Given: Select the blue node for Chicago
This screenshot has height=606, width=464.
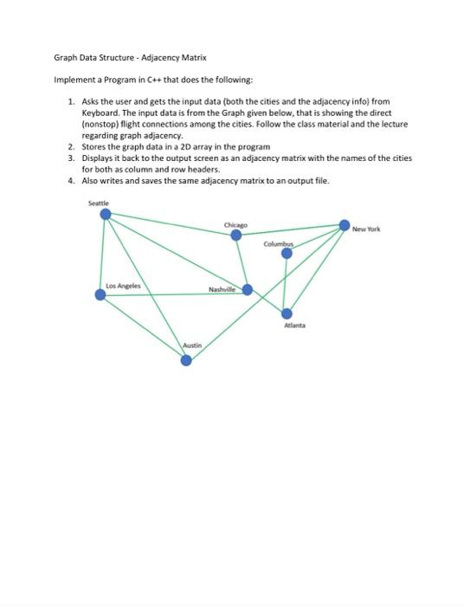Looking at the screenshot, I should click(x=235, y=235).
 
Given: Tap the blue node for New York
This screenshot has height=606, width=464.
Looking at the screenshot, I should click(x=345, y=226).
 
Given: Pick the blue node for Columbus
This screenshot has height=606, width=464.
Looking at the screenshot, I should click(x=287, y=253).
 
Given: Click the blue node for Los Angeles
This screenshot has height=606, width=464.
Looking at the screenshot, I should click(x=100, y=295).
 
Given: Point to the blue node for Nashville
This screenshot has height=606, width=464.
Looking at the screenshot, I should click(x=248, y=290).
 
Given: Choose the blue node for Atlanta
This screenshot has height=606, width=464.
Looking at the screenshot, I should click(x=287, y=313).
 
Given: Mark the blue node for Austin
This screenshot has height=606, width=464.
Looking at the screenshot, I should click(x=185, y=360).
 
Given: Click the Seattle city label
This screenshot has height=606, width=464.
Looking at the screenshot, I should click(x=99, y=203).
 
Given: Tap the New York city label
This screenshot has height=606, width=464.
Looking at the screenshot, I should click(x=366, y=229).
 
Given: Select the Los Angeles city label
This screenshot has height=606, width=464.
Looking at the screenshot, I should click(x=122, y=285).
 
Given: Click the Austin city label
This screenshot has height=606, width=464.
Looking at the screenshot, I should click(x=192, y=345).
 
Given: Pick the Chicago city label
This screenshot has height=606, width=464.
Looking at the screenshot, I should click(x=235, y=224).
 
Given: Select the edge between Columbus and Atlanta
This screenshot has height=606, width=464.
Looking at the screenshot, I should click(x=287, y=283).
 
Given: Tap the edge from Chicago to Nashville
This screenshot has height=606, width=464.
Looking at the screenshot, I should click(x=242, y=262).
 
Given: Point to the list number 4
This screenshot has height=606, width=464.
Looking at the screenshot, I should click(x=71, y=180).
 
